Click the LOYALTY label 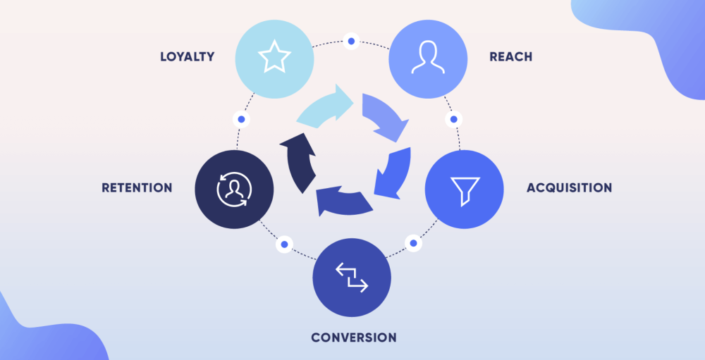click(x=187, y=56)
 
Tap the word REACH click(x=510, y=56)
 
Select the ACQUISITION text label click(x=569, y=188)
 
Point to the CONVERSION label click(x=354, y=337)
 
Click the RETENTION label click(x=137, y=188)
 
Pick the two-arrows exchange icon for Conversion click(x=352, y=277)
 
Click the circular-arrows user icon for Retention click(x=233, y=190)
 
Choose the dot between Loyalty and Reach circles click(x=351, y=42)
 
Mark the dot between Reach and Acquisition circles click(x=453, y=119)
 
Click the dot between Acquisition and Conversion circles click(x=413, y=244)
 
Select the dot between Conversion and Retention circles click(x=284, y=244)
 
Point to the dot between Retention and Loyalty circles click(x=242, y=120)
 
